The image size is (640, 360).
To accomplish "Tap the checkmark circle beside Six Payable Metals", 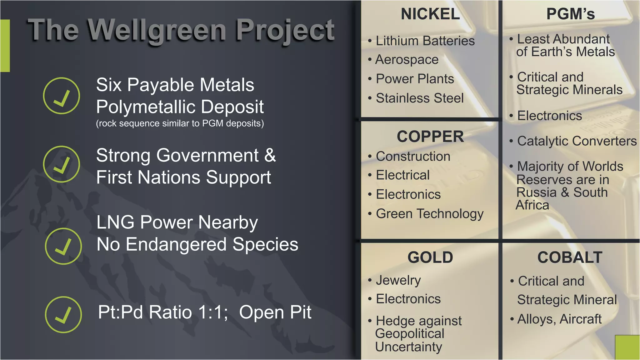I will [62, 96].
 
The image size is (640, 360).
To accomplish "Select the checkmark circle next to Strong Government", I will [62, 164].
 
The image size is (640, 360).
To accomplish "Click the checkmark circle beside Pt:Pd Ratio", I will [63, 314].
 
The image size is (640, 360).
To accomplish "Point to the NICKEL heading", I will [430, 14].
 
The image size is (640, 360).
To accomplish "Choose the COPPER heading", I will [430, 137].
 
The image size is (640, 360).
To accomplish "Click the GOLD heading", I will [430, 257].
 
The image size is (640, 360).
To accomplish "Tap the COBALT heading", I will [570, 257].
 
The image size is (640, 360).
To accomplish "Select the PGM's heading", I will [571, 14].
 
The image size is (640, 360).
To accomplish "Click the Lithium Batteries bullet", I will [425, 41].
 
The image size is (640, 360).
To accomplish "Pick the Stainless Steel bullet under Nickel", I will [420, 98].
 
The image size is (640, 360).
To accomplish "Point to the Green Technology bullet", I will [430, 214].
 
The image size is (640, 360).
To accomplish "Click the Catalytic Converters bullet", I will [577, 141].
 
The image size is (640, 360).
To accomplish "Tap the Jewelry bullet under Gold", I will [398, 280].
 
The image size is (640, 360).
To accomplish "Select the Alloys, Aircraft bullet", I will [559, 319].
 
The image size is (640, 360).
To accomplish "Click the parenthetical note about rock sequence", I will [180, 123].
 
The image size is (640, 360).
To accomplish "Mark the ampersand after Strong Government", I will [270, 155].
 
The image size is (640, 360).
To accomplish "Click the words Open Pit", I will [275, 312].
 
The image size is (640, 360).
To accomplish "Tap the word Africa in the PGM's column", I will [532, 205].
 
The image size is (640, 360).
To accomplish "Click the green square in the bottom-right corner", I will [627, 347].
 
